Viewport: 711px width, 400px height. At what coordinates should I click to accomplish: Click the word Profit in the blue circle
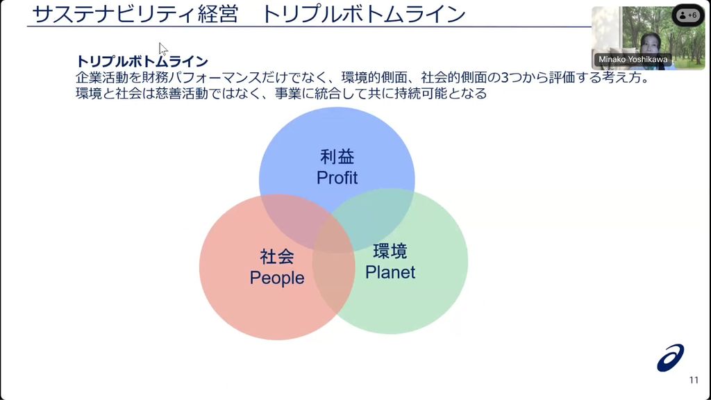[x=337, y=178]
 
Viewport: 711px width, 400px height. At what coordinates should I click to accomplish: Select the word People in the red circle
[x=277, y=278]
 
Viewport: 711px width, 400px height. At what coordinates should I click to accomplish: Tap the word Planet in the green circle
[x=390, y=272]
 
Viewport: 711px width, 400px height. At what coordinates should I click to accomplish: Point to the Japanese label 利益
[x=337, y=156]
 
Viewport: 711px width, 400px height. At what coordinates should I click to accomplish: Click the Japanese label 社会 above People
[x=277, y=256]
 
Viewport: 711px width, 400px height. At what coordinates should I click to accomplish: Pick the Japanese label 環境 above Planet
[x=390, y=251]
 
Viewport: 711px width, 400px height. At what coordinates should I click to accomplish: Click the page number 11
[x=694, y=380]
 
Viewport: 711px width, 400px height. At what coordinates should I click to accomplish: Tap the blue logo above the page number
[x=671, y=358]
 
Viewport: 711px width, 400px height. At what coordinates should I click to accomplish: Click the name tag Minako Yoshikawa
[x=633, y=60]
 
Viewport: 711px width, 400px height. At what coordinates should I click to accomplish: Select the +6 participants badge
[x=687, y=15]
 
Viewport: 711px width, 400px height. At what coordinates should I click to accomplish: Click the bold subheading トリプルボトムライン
[x=142, y=62]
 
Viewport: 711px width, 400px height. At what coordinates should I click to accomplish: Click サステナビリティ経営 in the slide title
[x=135, y=15]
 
